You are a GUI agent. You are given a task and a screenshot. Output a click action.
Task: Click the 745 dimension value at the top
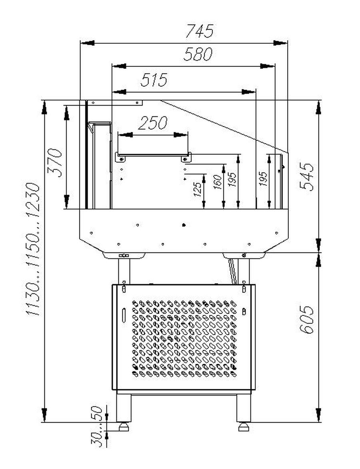(x=200, y=31)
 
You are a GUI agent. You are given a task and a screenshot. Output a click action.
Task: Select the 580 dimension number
(x=198, y=54)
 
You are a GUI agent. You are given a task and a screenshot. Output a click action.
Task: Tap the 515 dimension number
(x=154, y=80)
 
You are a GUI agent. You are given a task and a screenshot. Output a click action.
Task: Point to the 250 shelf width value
(x=153, y=122)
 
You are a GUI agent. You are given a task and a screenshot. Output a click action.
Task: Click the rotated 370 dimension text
(x=55, y=162)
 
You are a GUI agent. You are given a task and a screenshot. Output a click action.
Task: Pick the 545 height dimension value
(x=307, y=176)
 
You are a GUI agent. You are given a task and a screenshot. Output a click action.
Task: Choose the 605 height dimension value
(x=307, y=319)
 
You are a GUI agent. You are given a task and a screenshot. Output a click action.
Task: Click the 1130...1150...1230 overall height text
(x=32, y=249)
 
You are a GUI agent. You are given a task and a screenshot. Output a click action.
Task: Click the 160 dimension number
(x=218, y=182)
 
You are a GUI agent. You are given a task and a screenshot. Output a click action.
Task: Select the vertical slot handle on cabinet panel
(x=124, y=315)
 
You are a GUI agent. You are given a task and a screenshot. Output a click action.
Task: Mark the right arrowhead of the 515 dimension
(x=249, y=91)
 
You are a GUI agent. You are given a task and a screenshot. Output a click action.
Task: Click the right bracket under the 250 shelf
(x=186, y=158)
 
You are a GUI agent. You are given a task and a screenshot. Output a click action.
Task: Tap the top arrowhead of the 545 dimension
(x=319, y=107)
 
